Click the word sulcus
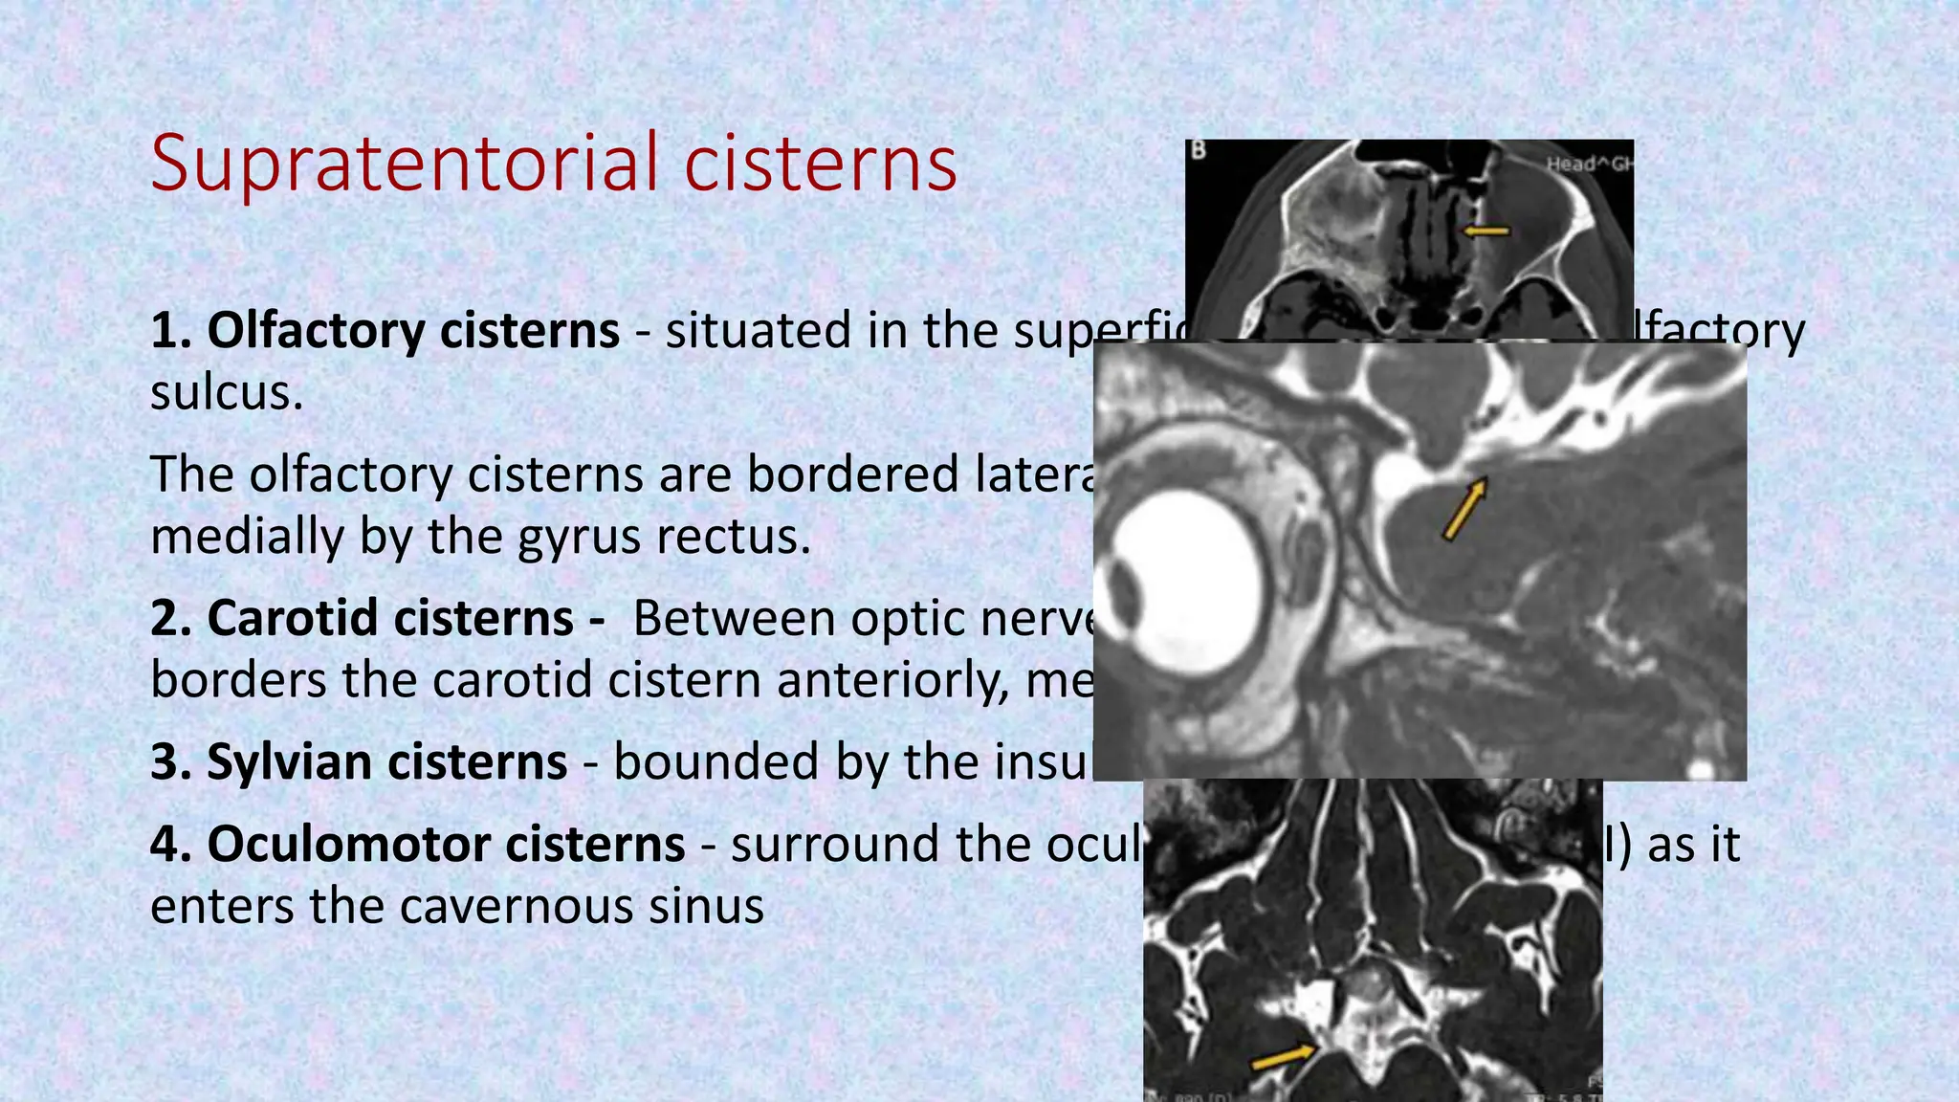pos(226,392)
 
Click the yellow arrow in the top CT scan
pos(1486,231)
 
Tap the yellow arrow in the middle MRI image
pos(1464,509)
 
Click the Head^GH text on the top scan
pos(1589,164)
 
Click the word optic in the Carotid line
pos(913,618)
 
